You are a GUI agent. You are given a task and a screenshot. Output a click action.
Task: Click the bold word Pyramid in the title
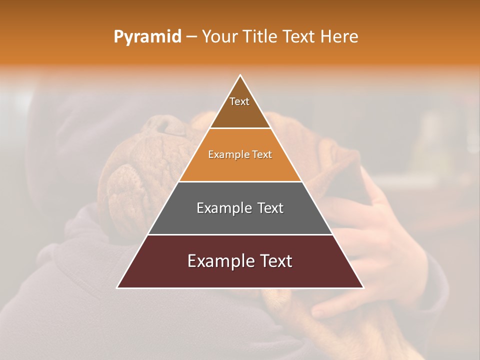(147, 37)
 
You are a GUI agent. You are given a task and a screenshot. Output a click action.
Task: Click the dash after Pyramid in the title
(191, 37)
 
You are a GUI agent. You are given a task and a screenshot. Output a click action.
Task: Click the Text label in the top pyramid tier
(239, 101)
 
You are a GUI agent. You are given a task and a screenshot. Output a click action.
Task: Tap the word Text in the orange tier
(262, 154)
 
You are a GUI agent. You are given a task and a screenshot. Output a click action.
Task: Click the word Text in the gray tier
(270, 208)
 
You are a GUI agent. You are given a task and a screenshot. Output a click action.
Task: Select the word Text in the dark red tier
(274, 261)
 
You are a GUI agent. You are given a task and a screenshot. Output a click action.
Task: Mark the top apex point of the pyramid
(240, 75)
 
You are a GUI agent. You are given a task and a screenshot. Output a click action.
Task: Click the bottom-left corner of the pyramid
(117, 287)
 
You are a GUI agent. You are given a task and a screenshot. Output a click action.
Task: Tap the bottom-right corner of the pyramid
(363, 287)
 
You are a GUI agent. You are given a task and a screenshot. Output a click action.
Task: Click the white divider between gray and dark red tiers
(240, 234)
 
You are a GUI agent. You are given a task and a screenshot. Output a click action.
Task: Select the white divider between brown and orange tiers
(240, 128)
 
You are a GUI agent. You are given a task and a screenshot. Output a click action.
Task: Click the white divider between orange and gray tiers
(240, 181)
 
